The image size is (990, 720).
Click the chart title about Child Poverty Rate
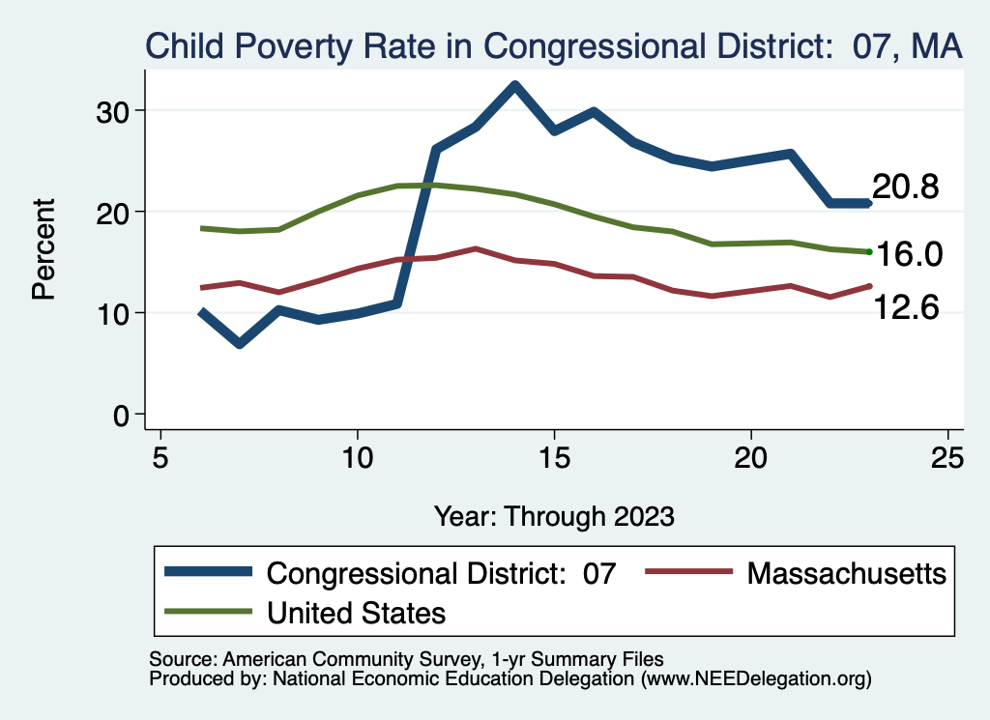tap(554, 46)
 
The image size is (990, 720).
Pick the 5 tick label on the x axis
tap(160, 456)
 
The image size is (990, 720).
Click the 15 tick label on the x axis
tap(554, 456)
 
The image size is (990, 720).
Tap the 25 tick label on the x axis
tap(947, 456)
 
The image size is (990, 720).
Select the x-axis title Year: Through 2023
tap(554, 515)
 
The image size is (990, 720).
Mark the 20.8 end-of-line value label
tap(906, 187)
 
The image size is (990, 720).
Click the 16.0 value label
tap(909, 254)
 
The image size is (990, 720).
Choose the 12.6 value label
tap(906, 307)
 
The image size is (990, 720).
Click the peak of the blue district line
tap(515, 85)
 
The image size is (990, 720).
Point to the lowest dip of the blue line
tap(239, 343)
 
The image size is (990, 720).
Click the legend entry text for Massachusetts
tap(846, 573)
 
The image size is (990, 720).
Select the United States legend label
tap(356, 612)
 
